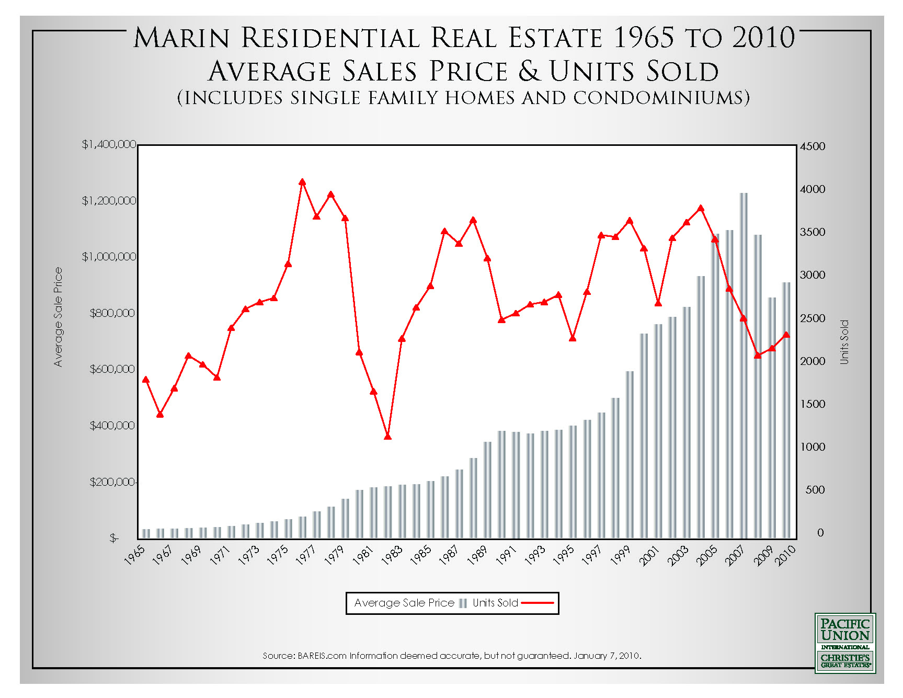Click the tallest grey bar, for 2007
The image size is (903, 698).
[x=744, y=366]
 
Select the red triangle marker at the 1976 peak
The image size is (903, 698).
[x=302, y=182]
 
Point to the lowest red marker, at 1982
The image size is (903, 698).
[x=387, y=436]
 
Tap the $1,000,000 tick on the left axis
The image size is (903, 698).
[x=109, y=257]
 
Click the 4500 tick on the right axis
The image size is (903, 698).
[x=813, y=146]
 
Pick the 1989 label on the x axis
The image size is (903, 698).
[x=477, y=555]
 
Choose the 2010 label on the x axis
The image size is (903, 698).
[x=785, y=555]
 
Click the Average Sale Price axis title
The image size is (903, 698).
[x=58, y=317]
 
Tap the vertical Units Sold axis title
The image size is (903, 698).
[x=844, y=342]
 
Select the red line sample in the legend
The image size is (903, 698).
[x=538, y=603]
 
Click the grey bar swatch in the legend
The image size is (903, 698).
[x=463, y=603]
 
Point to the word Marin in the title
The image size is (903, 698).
[x=181, y=39]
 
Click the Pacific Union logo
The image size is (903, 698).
[x=845, y=643]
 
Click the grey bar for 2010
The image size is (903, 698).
[x=786, y=410]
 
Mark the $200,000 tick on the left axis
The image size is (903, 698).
[x=112, y=482]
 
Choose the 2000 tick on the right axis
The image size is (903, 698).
[x=813, y=361]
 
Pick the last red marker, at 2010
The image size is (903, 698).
[x=786, y=335]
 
